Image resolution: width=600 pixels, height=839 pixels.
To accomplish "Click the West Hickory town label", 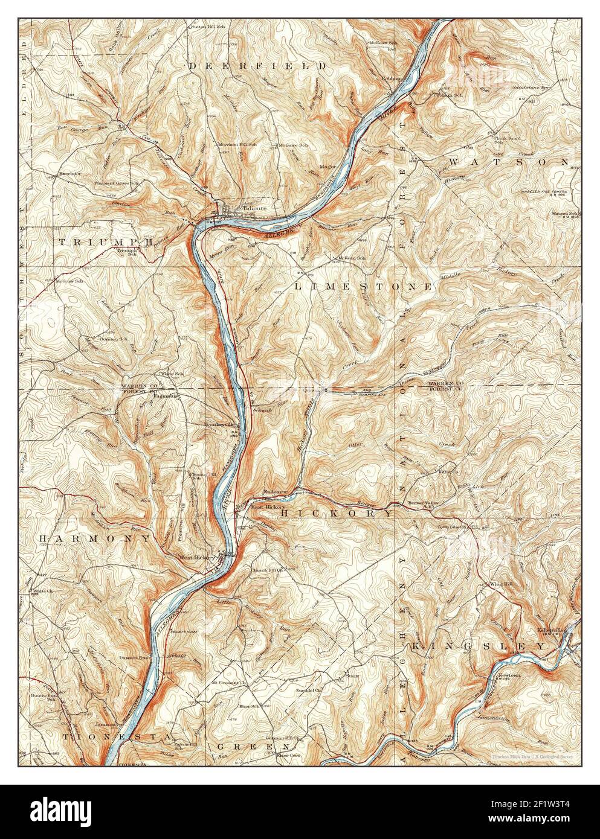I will coord(195,558).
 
